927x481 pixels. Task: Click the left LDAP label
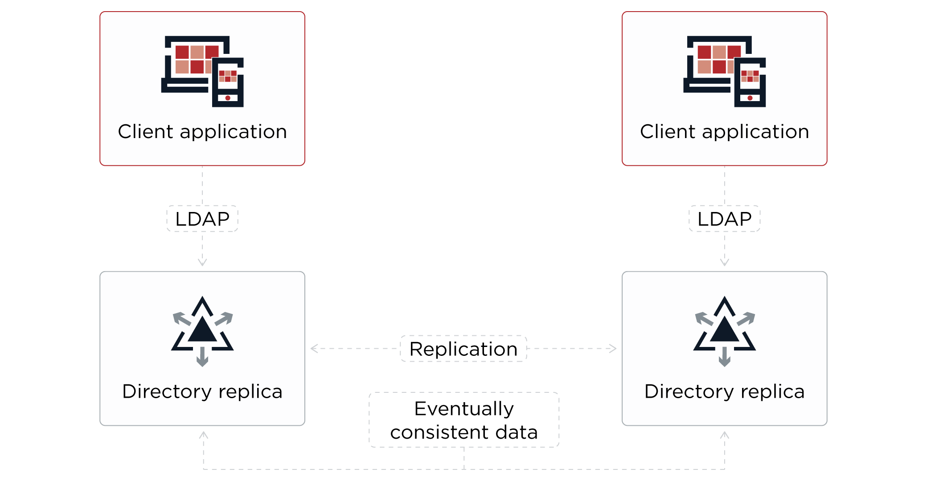[x=202, y=219]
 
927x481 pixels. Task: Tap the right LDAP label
[x=724, y=219]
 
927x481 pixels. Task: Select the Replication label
[x=463, y=349]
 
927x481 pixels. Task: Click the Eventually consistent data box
[x=463, y=420]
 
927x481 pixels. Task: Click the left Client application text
[x=202, y=132]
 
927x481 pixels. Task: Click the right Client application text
[x=724, y=132]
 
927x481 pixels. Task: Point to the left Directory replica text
[x=202, y=391]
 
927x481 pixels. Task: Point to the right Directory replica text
[x=724, y=391]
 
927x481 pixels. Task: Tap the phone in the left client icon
[x=228, y=83]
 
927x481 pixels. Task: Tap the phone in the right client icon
[x=750, y=83]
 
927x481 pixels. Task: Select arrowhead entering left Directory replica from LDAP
[x=202, y=263]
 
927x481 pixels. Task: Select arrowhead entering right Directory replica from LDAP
[x=725, y=263]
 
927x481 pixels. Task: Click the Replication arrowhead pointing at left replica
[x=314, y=348]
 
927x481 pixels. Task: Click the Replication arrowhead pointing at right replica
[x=613, y=348]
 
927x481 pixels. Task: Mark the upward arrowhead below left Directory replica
[x=203, y=434]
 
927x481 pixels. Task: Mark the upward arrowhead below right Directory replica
[x=725, y=434]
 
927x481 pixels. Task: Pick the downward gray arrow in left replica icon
[x=202, y=358]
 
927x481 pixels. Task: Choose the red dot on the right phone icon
[x=750, y=98]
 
